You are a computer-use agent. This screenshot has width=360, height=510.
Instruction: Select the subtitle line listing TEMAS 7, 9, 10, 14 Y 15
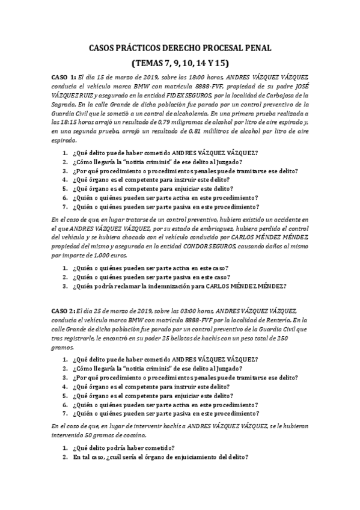click(x=180, y=62)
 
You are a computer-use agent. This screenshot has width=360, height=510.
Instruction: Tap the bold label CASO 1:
click(x=63, y=78)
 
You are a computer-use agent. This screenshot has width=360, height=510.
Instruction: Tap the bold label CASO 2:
click(x=63, y=310)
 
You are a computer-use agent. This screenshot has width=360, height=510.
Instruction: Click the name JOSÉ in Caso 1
click(x=297, y=87)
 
